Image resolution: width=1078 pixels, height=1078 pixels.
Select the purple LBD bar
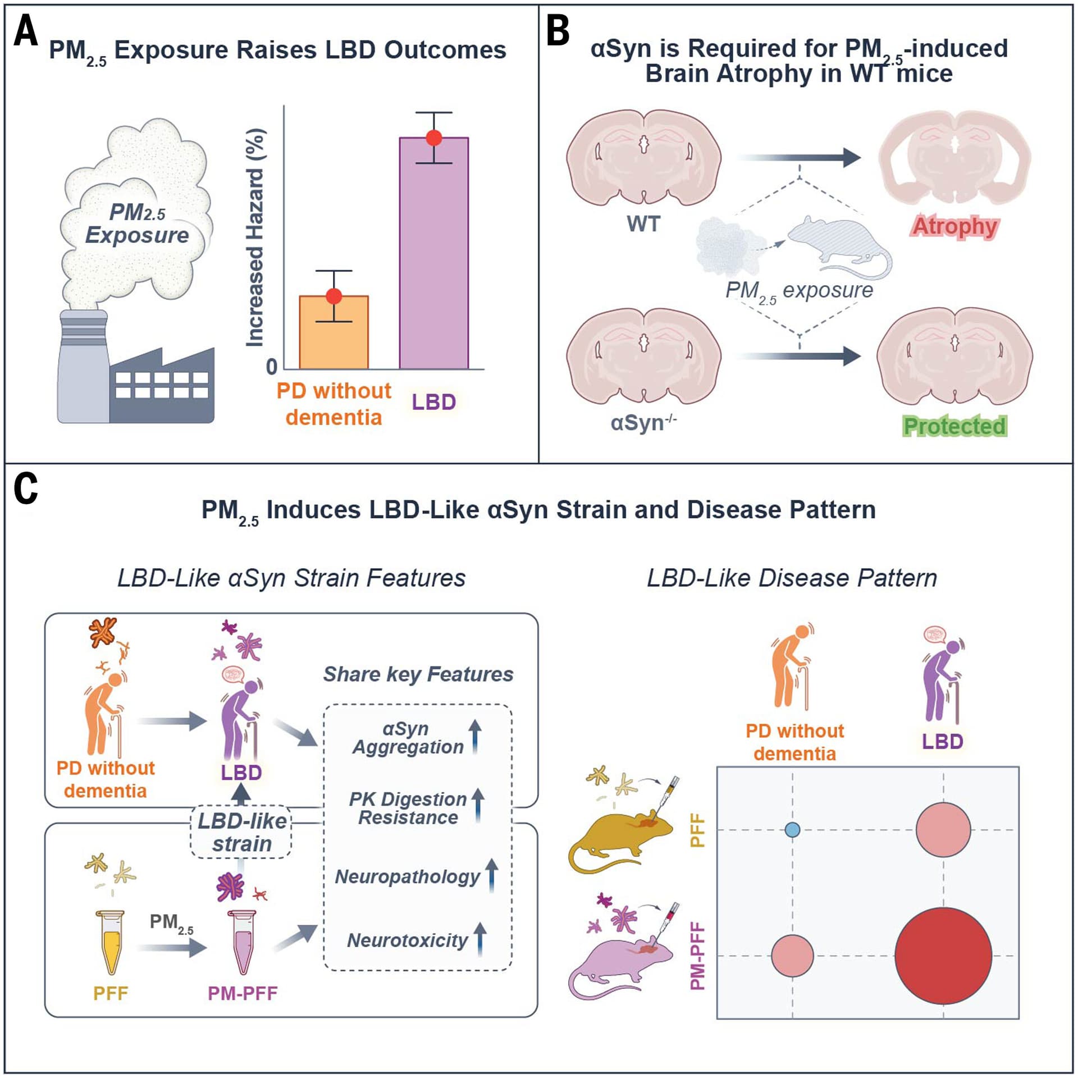click(433, 253)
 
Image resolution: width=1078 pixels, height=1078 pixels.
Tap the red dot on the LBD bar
click(434, 138)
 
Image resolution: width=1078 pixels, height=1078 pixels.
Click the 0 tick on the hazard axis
click(272, 367)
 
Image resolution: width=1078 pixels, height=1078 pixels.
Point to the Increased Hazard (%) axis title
click(255, 238)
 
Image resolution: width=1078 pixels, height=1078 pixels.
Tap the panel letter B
click(558, 31)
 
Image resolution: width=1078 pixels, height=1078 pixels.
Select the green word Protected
click(954, 426)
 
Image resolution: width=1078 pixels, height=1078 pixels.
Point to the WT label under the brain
click(643, 224)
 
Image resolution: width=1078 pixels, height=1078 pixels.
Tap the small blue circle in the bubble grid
click(792, 830)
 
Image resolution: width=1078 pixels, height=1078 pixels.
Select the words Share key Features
click(418, 674)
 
